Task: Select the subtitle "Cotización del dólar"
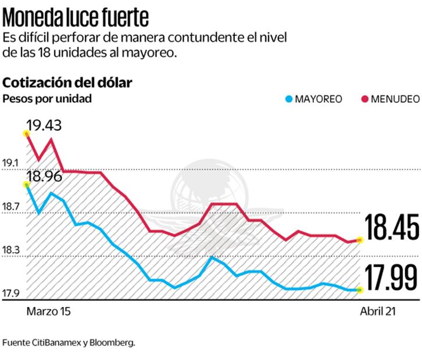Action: coord(67,82)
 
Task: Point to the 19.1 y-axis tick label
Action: coord(11,163)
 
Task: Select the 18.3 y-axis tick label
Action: coord(11,250)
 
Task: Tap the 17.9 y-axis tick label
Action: coord(11,293)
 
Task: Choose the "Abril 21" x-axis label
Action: coord(378,312)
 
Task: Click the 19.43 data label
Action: coord(43,125)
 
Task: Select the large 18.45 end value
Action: coord(391,227)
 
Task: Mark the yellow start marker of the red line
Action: coord(26,134)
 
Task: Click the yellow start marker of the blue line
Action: coord(26,185)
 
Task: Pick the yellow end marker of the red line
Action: coord(360,240)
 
